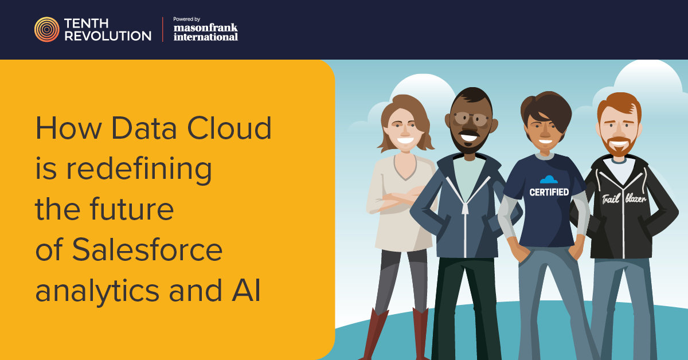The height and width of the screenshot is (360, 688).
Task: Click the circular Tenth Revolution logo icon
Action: tap(46, 29)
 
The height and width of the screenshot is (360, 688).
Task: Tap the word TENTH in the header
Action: tap(87, 24)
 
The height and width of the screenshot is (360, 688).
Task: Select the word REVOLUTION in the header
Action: tap(108, 36)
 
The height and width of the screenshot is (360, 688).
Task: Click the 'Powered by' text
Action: tap(187, 19)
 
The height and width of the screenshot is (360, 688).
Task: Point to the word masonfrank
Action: tap(205, 28)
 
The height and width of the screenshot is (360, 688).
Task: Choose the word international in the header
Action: tap(206, 37)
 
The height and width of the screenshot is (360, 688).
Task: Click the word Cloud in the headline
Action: tap(229, 128)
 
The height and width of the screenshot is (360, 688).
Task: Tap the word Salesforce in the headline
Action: tap(147, 250)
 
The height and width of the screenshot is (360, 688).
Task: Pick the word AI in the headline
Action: tap(247, 290)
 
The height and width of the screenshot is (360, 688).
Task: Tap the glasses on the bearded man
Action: tap(471, 119)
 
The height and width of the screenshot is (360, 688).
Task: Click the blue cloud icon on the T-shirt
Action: tap(549, 179)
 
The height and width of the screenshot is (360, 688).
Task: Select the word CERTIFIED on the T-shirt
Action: tap(549, 192)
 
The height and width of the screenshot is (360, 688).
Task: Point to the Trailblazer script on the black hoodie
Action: tap(624, 198)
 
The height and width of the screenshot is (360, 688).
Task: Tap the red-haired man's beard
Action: tap(619, 147)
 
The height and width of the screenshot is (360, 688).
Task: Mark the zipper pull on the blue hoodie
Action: tap(465, 208)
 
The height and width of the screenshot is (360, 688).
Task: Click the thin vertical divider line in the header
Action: tap(162, 29)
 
